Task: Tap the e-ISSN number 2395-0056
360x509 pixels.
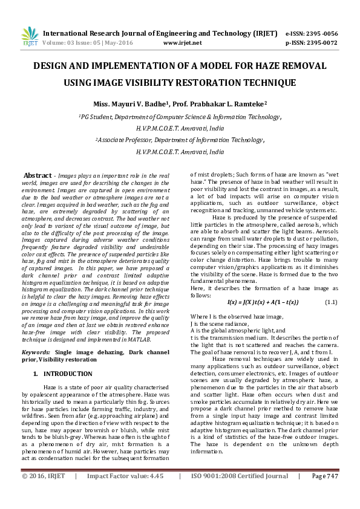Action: [320, 34]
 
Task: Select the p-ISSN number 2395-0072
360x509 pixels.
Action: [320, 44]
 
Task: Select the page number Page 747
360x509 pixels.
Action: [325, 494]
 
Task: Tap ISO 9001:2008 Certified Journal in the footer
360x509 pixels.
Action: [240, 494]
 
